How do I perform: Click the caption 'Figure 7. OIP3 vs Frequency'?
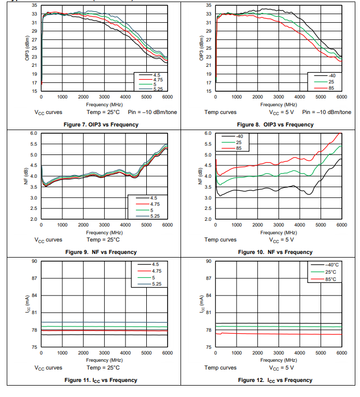coord(101,124)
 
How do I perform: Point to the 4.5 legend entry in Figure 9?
coord(155,197)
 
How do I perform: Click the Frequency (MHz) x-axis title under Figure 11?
coord(104,360)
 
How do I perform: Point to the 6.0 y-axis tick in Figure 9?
coord(33,133)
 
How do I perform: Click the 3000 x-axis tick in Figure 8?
coord(279,97)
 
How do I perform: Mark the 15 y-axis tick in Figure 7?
coord(34,91)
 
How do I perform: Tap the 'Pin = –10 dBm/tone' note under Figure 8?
coord(327,112)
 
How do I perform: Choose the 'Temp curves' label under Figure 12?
coord(220,367)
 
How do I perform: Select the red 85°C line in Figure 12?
coord(280,334)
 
